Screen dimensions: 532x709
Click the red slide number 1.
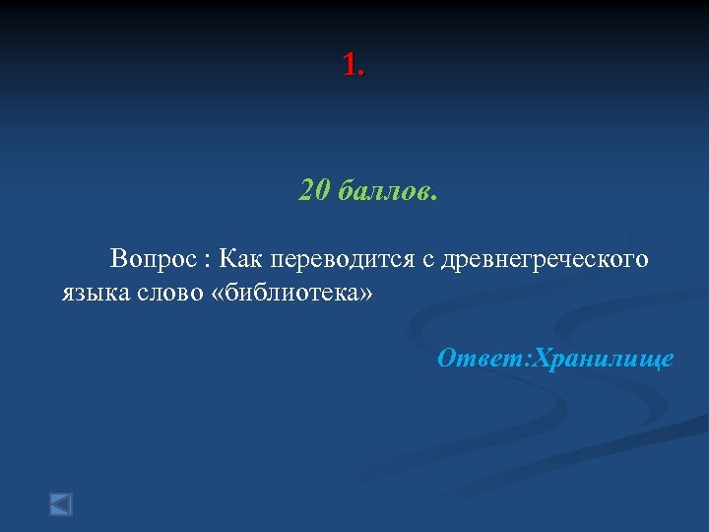tap(349, 66)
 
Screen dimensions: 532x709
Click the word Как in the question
tap(240, 259)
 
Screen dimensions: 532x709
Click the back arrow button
tap(61, 504)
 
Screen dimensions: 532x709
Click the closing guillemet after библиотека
tap(368, 295)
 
